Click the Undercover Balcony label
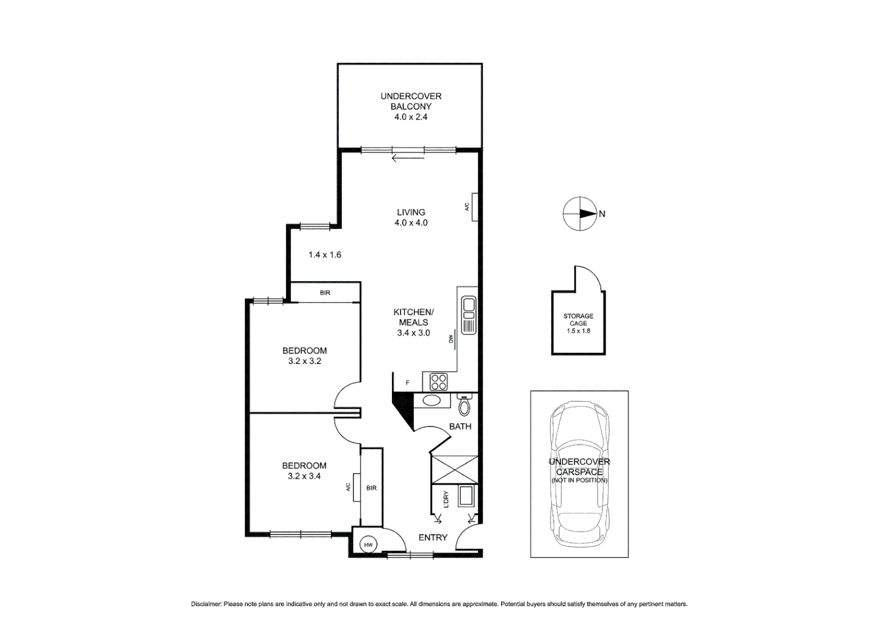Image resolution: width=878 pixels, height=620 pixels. tap(411, 101)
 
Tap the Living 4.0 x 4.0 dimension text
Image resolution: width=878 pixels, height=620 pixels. tap(411, 223)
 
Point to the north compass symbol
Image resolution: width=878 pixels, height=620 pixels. tap(580, 214)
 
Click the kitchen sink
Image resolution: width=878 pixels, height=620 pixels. tap(469, 315)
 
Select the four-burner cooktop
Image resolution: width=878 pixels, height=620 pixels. tap(438, 382)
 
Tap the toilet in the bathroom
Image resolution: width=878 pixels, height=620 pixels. tap(464, 406)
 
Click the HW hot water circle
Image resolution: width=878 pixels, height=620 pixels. tap(368, 545)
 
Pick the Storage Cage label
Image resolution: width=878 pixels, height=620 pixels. tap(578, 320)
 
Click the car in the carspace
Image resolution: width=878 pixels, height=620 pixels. tap(579, 474)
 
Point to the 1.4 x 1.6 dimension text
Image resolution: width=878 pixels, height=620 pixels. tap(325, 255)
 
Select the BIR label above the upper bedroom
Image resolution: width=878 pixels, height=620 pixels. tap(325, 293)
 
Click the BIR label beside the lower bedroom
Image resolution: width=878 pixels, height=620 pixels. tap(372, 488)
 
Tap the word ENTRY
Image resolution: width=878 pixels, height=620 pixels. tap(433, 537)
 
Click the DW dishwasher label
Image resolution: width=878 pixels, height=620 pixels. tap(452, 339)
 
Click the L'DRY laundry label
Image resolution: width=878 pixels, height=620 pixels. tap(446, 499)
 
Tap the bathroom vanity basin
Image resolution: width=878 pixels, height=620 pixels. tap(432, 400)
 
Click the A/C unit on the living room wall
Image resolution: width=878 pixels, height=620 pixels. tap(473, 206)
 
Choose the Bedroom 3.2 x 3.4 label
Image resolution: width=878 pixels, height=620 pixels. tap(304, 471)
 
